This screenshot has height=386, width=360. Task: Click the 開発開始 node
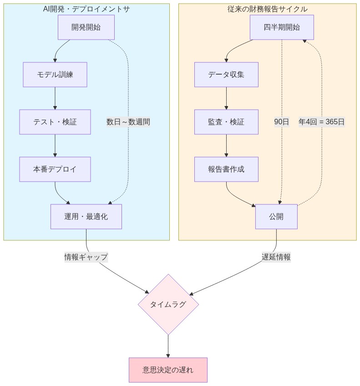point(86,27)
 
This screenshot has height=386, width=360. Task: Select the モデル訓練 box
point(55,75)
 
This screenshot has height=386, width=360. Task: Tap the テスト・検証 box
point(55,122)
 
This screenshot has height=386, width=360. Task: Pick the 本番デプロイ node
point(55,169)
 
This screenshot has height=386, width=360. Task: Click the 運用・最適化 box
point(86,217)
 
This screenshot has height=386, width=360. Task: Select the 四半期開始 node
point(282,27)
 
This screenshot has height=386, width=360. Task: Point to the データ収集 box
point(226,75)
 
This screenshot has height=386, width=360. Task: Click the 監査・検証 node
point(226,122)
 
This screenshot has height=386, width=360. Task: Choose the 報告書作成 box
point(226,169)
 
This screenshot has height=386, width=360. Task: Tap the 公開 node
point(276,217)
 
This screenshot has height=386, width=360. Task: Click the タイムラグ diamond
point(168,305)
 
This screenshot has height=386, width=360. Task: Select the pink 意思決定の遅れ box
point(168,370)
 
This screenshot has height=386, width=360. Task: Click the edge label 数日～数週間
point(128,122)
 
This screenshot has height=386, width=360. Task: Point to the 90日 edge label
point(282,122)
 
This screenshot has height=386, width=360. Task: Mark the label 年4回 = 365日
point(322,122)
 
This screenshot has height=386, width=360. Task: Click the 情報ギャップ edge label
point(86,257)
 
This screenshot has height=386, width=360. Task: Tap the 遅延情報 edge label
point(276,257)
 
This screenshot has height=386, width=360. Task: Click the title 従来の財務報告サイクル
point(267,9)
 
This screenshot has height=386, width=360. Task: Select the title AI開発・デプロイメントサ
point(86,9)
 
